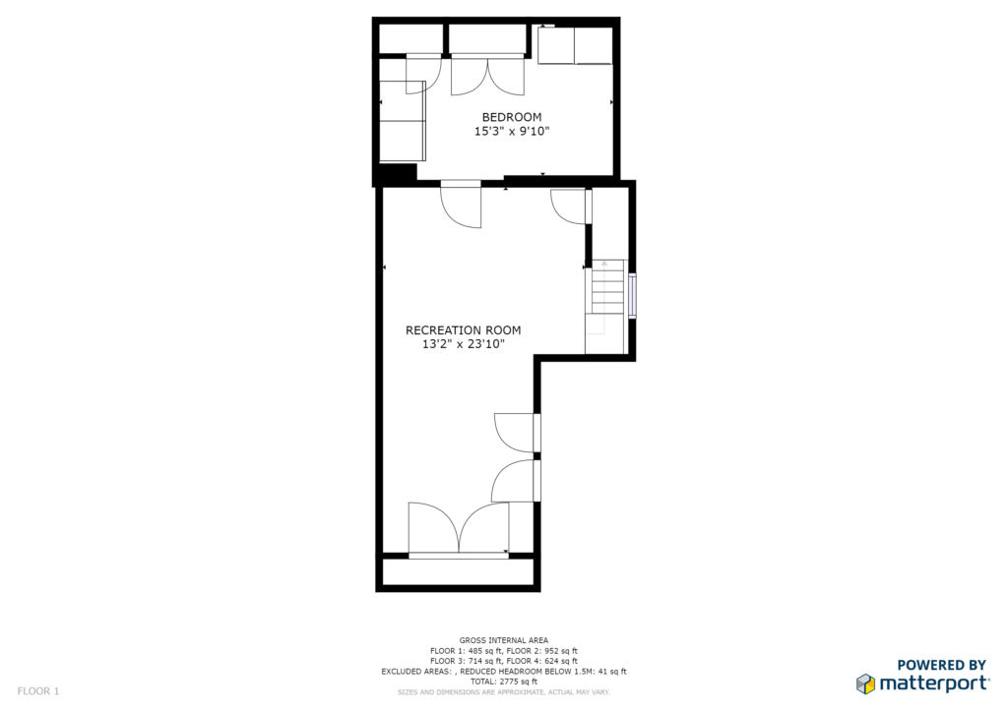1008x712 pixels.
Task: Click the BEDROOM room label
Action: (512, 117)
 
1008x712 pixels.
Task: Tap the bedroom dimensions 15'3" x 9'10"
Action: (512, 132)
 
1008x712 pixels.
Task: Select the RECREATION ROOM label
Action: (463, 330)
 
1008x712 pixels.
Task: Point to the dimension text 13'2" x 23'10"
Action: (463, 344)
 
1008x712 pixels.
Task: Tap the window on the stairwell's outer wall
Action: (633, 296)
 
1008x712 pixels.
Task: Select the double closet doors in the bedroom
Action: (487, 76)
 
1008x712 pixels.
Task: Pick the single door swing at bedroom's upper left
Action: (423, 74)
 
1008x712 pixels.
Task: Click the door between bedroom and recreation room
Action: (461, 205)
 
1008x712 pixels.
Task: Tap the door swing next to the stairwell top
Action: (568, 207)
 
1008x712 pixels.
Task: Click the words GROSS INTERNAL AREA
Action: (504, 640)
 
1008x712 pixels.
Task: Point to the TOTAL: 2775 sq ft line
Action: (504, 682)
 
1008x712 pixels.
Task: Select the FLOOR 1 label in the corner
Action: (38, 691)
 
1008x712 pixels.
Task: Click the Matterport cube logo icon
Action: (865, 683)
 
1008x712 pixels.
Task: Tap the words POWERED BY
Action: (941, 665)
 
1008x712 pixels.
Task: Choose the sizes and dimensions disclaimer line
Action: (504, 692)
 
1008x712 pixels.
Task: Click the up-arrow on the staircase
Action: (603, 263)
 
